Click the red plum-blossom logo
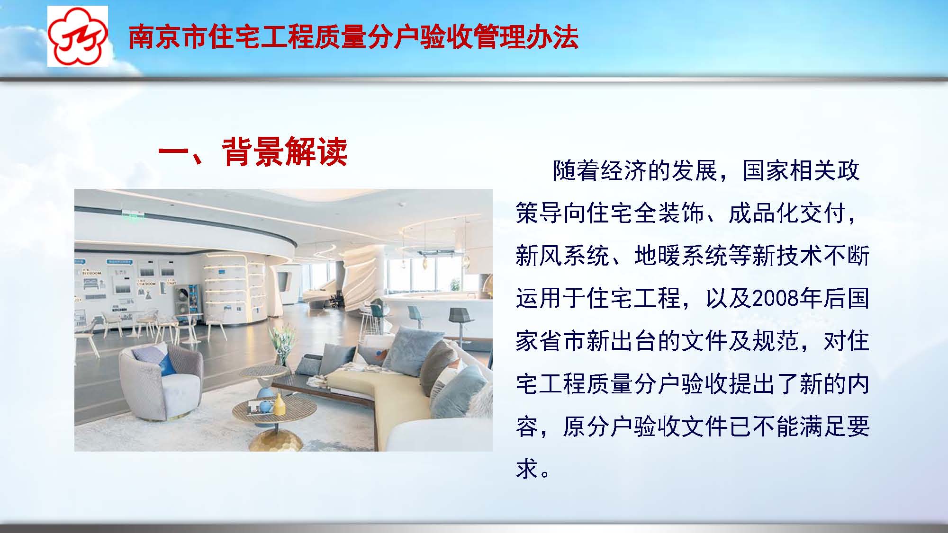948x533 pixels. coord(77,36)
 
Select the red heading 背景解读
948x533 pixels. coord(284,152)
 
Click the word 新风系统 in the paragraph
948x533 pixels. coord(562,256)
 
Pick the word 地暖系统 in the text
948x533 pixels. coord(681,256)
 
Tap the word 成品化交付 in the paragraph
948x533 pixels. coord(787,213)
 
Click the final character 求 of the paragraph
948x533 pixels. coord(527,469)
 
